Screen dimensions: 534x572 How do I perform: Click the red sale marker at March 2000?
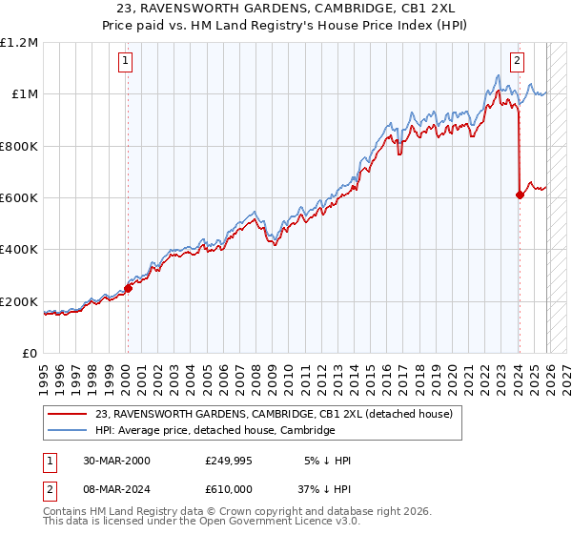[128, 288]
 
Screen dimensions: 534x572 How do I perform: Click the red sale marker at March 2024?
[520, 195]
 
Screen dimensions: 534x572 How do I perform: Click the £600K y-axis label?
[19, 198]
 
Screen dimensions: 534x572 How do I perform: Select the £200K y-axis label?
[19, 301]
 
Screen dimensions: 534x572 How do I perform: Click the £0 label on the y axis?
[29, 354]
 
